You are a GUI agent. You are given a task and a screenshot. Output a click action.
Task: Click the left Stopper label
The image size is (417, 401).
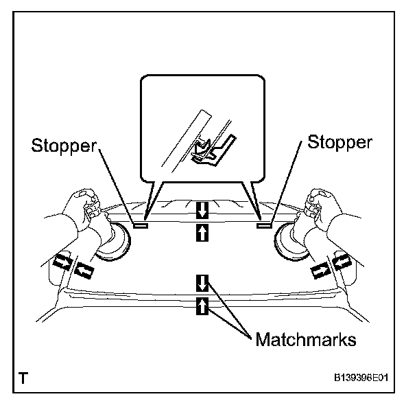pyautogui.click(x=64, y=145)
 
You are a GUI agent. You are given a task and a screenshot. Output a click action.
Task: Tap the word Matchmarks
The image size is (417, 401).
pyautogui.click(x=303, y=339)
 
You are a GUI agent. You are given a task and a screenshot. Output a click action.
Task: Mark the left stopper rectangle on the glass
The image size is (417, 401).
pyautogui.click(x=141, y=224)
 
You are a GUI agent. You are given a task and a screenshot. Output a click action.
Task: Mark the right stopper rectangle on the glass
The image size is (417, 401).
pyautogui.click(x=263, y=223)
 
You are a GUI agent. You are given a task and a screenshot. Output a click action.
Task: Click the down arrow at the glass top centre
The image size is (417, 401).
pyautogui.click(x=202, y=209)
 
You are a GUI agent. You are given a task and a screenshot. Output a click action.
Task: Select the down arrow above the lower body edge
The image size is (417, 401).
pyautogui.click(x=202, y=282)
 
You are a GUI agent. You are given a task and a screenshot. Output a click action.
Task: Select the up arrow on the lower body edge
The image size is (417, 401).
pyautogui.click(x=202, y=306)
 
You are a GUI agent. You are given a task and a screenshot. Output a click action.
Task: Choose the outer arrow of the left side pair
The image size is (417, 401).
pyautogui.click(x=62, y=262)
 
